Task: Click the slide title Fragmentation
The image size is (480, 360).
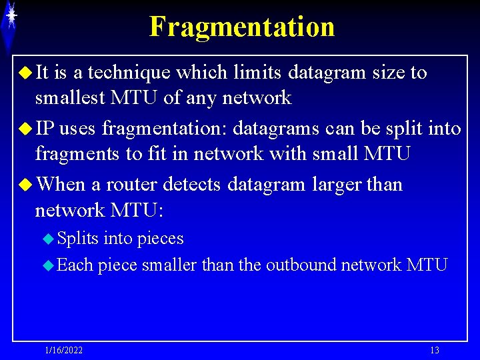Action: pos(241,27)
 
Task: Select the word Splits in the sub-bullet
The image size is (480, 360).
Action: pos(77,239)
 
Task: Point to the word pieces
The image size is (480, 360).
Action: pos(160,239)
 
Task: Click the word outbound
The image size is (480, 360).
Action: pos(301,265)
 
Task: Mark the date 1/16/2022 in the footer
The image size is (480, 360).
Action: pos(64,351)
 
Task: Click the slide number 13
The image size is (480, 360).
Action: pos(435,351)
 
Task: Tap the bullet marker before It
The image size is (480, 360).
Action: pos(27,72)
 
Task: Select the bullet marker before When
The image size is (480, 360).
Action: pos(27,184)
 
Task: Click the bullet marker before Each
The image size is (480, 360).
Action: pos(48,265)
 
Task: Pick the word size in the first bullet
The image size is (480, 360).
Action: pos(388,72)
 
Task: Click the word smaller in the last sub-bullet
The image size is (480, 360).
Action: pos(169,265)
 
